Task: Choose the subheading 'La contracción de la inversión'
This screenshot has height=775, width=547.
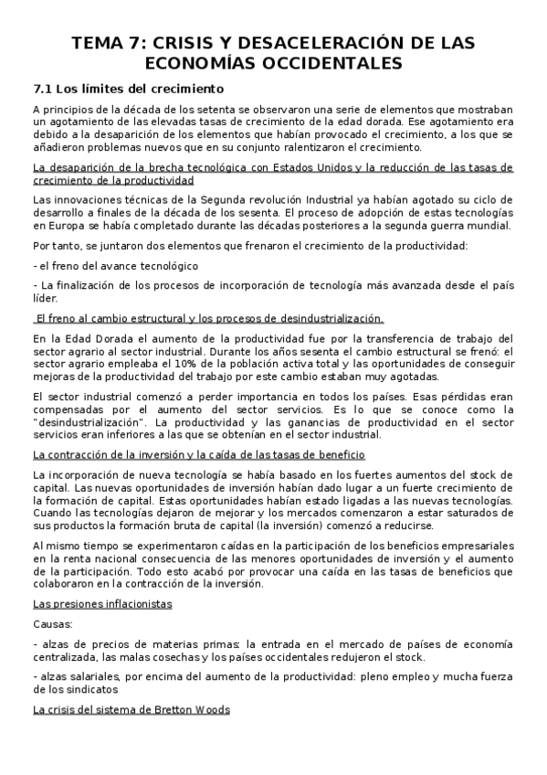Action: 198,454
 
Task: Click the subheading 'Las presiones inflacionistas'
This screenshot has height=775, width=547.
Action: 101,605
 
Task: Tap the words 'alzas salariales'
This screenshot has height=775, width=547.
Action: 77,677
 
